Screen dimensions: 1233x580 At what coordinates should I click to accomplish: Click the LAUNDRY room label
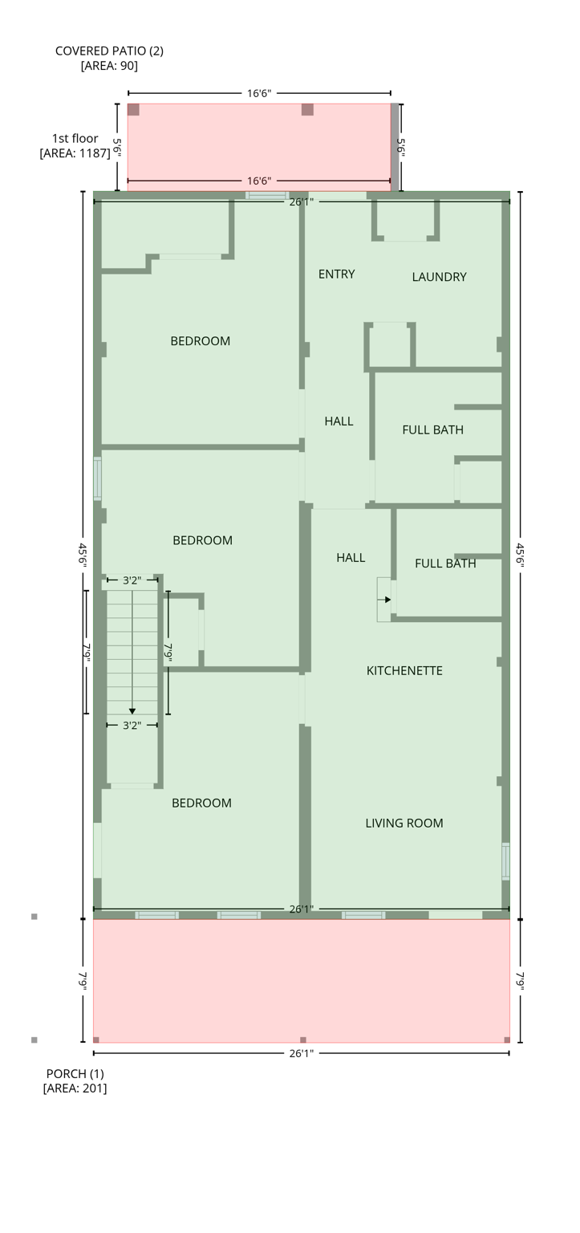point(439,277)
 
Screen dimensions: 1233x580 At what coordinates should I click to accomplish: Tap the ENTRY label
point(336,274)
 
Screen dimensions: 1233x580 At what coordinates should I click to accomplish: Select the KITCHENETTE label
point(404,670)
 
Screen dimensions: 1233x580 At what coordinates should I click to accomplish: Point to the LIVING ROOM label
point(404,823)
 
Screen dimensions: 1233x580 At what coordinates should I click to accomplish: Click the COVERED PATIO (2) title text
point(109,51)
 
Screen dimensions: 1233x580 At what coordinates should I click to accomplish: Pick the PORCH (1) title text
point(75,1073)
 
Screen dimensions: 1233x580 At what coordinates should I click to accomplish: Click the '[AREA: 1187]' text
point(75,153)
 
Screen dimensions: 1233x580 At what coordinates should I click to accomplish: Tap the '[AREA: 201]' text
point(75,1089)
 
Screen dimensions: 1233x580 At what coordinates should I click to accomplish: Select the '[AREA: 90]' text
point(109,66)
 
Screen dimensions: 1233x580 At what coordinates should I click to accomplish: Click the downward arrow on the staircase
point(132,710)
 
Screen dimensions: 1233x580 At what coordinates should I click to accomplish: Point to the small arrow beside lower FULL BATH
point(387,600)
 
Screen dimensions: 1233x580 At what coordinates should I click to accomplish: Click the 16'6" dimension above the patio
point(259,93)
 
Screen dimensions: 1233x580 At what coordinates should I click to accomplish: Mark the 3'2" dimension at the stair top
point(132,580)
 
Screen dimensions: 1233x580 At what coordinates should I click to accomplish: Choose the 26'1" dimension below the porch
point(301,1053)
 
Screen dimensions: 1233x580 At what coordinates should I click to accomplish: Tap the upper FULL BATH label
point(432,429)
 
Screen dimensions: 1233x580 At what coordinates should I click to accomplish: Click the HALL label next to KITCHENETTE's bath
point(351,558)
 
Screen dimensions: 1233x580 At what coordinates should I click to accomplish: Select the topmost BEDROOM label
point(200,341)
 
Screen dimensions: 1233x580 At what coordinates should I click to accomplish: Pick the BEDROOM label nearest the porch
point(201,803)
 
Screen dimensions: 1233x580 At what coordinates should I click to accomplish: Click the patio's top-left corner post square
point(133,109)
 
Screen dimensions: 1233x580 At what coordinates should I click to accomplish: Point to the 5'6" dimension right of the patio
point(400,147)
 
